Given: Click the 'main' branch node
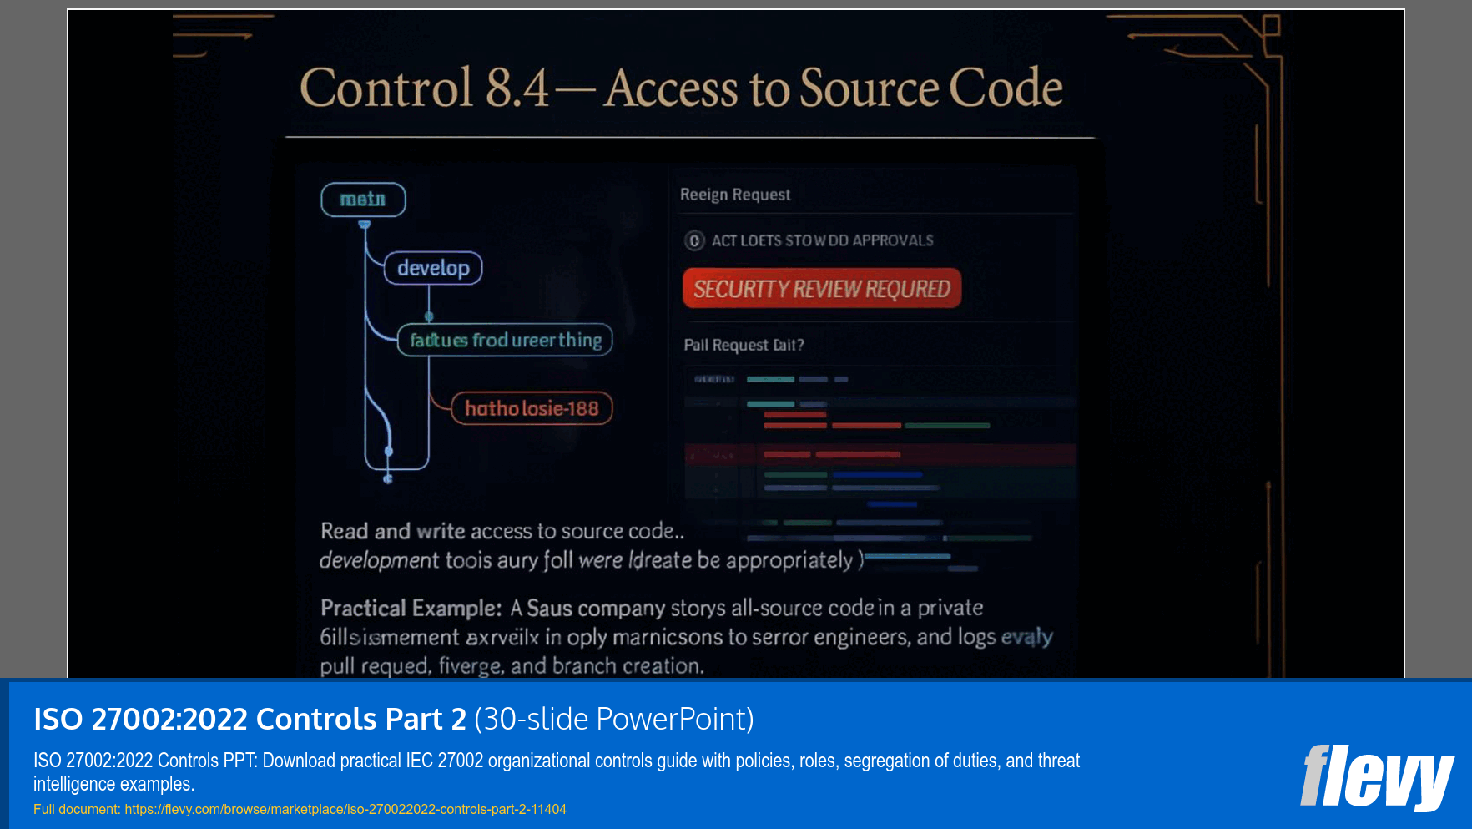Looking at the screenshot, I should click(x=363, y=200).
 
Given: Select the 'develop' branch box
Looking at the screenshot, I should click(x=433, y=268).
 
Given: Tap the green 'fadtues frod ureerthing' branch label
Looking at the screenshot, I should click(x=505, y=340).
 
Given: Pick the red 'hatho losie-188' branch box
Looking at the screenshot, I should click(x=532, y=408).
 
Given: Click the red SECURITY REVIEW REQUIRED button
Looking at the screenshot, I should click(x=821, y=289).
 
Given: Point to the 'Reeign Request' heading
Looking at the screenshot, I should click(x=734, y=195).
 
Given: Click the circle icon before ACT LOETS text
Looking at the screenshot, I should click(x=694, y=241).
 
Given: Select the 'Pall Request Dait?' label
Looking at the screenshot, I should click(x=744, y=345).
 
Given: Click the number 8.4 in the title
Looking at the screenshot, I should click(x=517, y=88).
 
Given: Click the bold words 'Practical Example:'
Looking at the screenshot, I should click(x=411, y=608).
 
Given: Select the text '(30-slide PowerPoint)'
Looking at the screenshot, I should click(x=613, y=719).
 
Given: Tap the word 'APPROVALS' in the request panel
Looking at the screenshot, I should click(x=892, y=240).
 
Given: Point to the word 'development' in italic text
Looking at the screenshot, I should click(x=379, y=560).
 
